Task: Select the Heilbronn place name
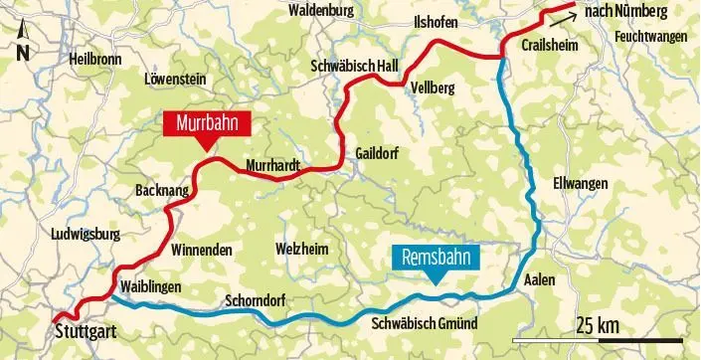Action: (95, 60)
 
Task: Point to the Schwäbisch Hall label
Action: (355, 66)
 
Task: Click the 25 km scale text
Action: (597, 325)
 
